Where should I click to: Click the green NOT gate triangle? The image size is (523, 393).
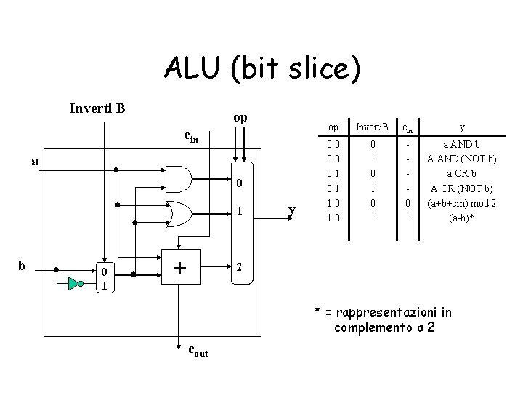pyautogui.click(x=73, y=283)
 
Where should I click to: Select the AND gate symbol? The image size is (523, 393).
pyautogui.click(x=179, y=179)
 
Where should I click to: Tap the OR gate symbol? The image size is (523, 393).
pyautogui.click(x=179, y=214)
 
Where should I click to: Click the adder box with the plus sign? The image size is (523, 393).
pyautogui.click(x=181, y=266)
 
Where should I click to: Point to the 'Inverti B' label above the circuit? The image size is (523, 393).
pyautogui.click(x=97, y=108)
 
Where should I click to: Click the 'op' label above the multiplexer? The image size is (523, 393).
pyautogui.click(x=240, y=118)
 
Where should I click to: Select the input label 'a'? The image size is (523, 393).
pyautogui.click(x=35, y=162)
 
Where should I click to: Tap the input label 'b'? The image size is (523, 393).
pyautogui.click(x=21, y=266)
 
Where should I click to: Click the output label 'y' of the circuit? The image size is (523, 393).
pyautogui.click(x=292, y=210)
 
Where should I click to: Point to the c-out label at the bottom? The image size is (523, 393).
pyautogui.click(x=198, y=351)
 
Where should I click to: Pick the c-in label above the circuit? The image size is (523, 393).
pyautogui.click(x=191, y=137)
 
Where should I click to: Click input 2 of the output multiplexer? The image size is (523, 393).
pyautogui.click(x=239, y=267)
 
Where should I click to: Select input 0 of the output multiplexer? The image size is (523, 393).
pyautogui.click(x=239, y=183)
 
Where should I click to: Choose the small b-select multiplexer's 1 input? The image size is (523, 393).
pyautogui.click(x=105, y=286)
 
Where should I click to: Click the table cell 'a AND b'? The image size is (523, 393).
pyautogui.click(x=461, y=144)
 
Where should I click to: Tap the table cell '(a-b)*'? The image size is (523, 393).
pyautogui.click(x=462, y=218)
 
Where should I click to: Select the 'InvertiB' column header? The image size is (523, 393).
pyautogui.click(x=372, y=127)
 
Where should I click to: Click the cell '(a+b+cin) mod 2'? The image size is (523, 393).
pyautogui.click(x=462, y=203)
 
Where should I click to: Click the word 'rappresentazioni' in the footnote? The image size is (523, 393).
pyautogui.click(x=386, y=312)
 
